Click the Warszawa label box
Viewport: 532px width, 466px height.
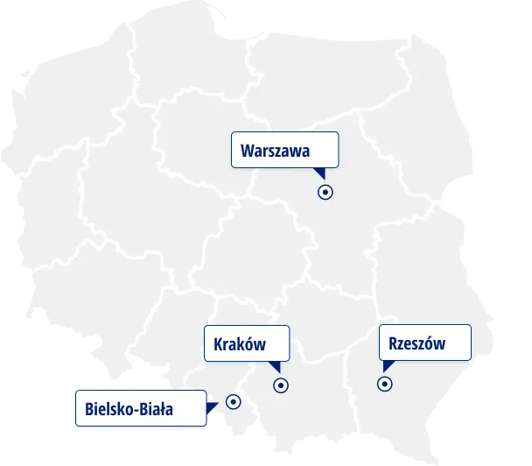(x=284, y=150)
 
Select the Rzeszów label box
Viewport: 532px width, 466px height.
(x=424, y=342)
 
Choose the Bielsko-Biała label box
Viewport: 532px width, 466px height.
(x=141, y=408)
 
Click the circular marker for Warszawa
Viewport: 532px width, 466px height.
(x=325, y=192)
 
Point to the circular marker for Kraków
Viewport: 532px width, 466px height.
(x=281, y=385)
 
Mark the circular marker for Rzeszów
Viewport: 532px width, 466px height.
(x=384, y=383)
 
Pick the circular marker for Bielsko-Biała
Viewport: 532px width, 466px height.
(x=234, y=401)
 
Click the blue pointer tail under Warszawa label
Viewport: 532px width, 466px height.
(x=319, y=173)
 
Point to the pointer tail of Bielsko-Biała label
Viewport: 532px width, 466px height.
(x=211, y=406)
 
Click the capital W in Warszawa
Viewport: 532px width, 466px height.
(x=248, y=151)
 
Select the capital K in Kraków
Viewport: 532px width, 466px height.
(x=219, y=344)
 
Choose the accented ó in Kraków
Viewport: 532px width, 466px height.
(x=247, y=344)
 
